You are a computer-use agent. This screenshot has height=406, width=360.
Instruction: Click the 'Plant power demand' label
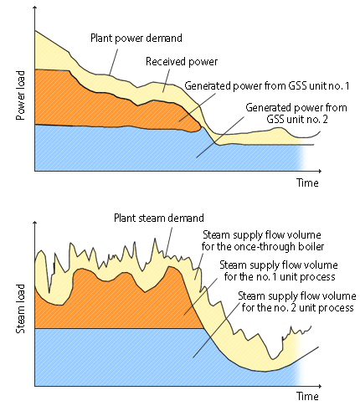[136, 38]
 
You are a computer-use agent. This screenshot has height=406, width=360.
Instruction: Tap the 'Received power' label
[182, 61]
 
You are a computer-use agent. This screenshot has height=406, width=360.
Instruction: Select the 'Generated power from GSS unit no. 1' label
[267, 85]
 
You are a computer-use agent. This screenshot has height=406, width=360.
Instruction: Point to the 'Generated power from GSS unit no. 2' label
[296, 113]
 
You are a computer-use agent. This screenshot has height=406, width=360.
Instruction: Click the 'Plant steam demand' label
[159, 218]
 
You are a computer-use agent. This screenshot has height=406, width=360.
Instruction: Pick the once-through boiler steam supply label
[263, 240]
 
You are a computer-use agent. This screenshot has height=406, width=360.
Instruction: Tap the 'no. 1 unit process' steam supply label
[279, 270]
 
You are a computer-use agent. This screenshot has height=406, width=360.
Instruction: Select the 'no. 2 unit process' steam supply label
[297, 301]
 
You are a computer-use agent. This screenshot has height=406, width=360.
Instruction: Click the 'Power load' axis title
[20, 95]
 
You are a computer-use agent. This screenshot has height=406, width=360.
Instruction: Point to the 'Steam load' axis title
[20, 309]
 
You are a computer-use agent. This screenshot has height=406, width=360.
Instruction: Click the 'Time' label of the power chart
[307, 182]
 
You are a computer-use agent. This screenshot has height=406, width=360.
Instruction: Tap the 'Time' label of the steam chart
[307, 396]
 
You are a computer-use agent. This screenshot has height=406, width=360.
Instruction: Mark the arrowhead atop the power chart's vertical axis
[35, 8]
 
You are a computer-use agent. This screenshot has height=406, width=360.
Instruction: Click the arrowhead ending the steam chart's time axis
[320, 386]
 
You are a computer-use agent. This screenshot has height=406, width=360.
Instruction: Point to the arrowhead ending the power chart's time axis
[320, 171]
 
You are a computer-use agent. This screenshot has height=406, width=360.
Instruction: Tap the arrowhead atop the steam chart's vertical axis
[35, 223]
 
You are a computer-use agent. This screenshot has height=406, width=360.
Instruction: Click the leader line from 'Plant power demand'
[113, 62]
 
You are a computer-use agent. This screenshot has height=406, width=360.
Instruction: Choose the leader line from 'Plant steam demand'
[168, 242]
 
